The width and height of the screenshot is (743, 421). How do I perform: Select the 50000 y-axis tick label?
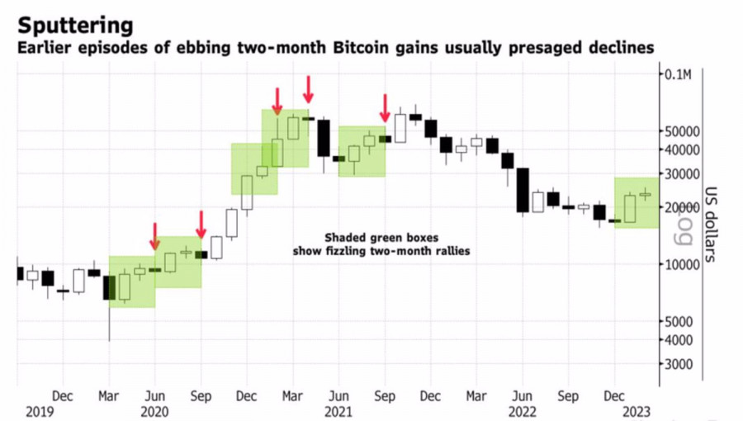coord(682,131)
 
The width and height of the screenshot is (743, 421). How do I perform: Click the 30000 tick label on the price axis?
coord(682,173)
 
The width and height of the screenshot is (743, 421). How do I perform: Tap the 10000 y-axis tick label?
coord(682,264)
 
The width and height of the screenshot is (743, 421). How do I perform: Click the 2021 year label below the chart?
coord(338,409)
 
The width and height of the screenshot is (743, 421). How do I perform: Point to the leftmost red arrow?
coord(154,235)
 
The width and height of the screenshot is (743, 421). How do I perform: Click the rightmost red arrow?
coord(385,107)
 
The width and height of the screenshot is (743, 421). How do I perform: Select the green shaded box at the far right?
coord(637,203)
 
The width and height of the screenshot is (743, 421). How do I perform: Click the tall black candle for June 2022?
coord(523,191)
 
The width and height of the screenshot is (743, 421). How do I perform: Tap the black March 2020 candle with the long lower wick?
coord(109,288)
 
